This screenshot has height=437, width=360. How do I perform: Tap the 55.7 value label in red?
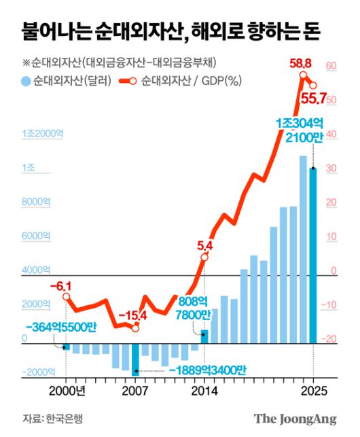click(314, 100)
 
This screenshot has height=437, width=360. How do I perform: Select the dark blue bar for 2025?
click(313, 255)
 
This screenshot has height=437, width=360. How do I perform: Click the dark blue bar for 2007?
click(135, 359)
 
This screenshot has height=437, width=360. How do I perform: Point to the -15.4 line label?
click(132, 315)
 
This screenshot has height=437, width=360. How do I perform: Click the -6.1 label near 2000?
click(60, 286)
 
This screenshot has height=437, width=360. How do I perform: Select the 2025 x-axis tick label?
click(313, 391)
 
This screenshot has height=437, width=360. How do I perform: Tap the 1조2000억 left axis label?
click(42, 133)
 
